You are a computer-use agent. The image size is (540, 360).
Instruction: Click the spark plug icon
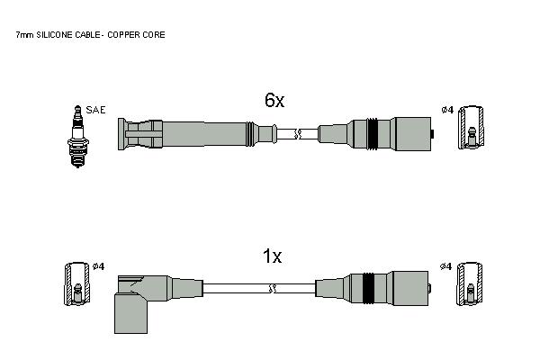(x=78, y=137)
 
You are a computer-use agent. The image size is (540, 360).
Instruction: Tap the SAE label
(x=95, y=110)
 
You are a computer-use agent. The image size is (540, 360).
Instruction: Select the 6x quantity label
(x=274, y=100)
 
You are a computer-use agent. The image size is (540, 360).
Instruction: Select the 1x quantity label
(x=272, y=256)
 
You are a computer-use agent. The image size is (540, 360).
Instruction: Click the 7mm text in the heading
(x=25, y=35)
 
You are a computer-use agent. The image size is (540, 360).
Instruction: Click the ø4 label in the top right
(x=447, y=110)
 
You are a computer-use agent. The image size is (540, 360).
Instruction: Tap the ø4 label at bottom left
(x=98, y=266)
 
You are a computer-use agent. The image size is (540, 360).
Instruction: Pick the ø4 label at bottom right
(x=445, y=266)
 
